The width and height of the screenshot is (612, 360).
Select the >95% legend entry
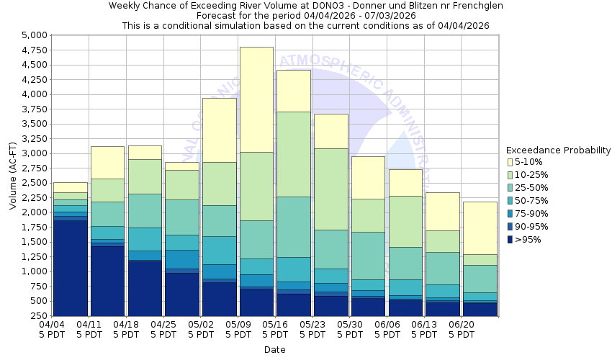tap(530, 240)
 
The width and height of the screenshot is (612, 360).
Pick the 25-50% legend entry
tap(533, 188)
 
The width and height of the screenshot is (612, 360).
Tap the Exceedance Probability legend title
tap(558, 150)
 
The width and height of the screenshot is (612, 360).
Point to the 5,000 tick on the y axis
tap(33, 35)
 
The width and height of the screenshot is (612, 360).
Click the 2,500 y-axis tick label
tap(33, 183)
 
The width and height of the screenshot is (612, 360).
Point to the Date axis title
tap(274, 350)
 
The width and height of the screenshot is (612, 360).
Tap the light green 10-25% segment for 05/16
tap(294, 154)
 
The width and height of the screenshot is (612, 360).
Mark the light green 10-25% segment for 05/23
tap(331, 189)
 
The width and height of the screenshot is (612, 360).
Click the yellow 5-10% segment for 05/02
tap(219, 130)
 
